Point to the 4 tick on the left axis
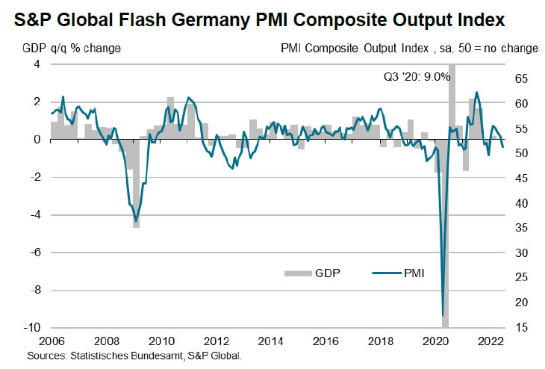(x=37, y=65)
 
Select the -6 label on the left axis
(x=35, y=252)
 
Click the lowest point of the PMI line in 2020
(x=443, y=315)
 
